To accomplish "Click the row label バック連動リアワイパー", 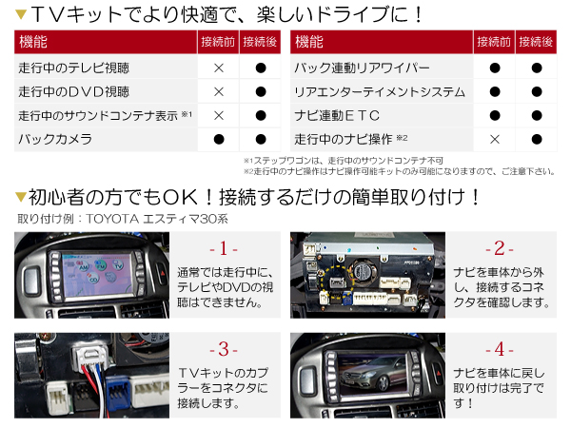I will click(363, 68).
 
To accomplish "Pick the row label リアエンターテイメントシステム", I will click(380, 92).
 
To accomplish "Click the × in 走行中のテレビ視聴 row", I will click(219, 68).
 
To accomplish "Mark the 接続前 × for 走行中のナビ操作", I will click(495, 139).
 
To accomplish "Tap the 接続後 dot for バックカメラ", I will click(260, 139).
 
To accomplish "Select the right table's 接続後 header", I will click(537, 43).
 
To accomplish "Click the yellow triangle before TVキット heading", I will click(21, 15).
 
